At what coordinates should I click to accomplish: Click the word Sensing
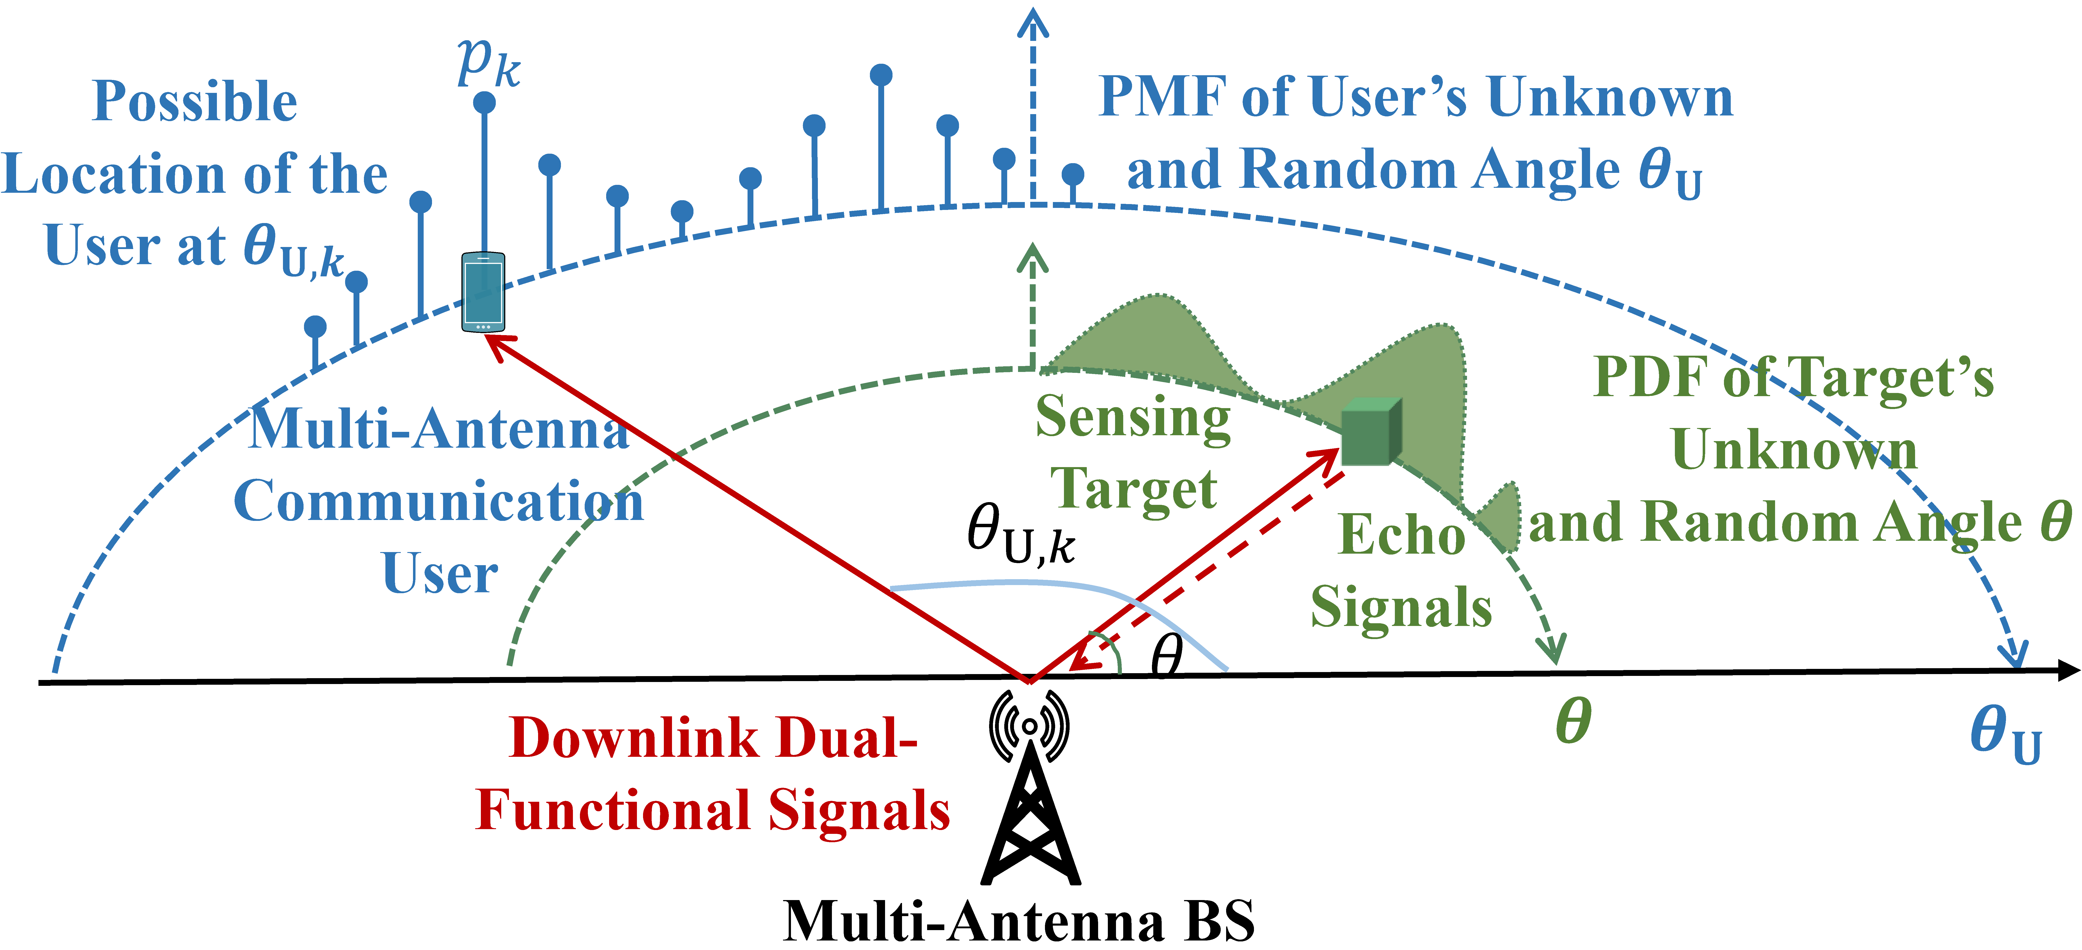point(1133,418)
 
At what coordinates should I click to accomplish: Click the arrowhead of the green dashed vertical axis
point(1032,257)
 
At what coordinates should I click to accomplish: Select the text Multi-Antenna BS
point(1018,921)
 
